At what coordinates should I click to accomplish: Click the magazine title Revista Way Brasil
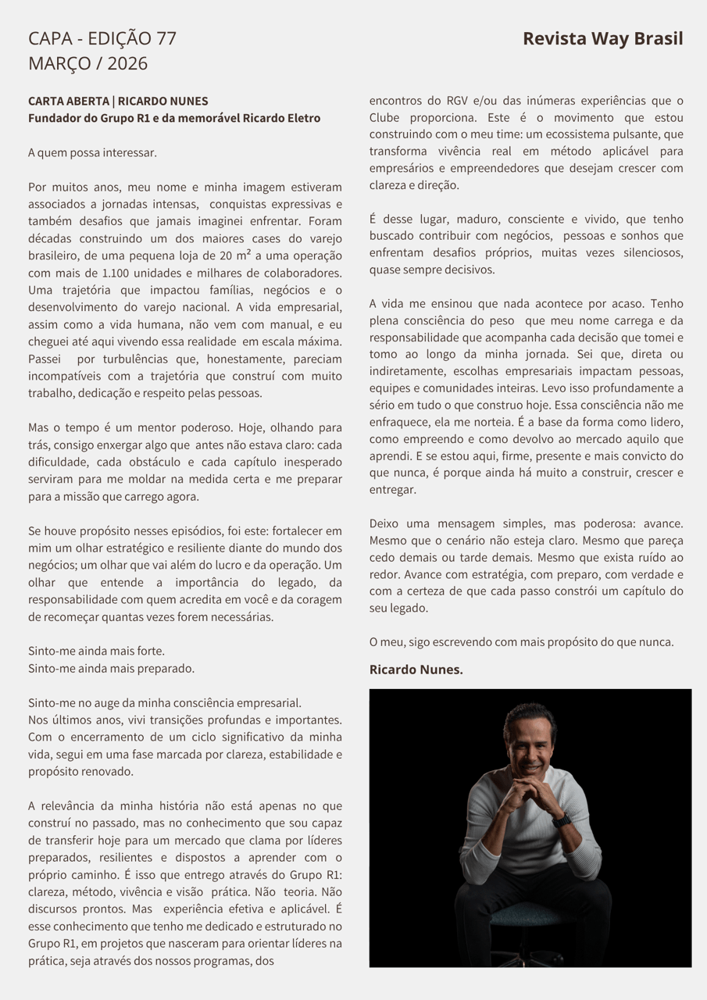(602, 38)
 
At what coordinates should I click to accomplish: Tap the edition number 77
(166, 38)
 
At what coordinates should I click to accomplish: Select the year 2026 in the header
(127, 63)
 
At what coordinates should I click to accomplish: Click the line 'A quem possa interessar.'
(92, 152)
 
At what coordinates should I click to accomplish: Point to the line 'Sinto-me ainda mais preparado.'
(111, 668)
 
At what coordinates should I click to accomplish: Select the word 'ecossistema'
(605, 134)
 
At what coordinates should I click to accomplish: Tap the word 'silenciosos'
(645, 252)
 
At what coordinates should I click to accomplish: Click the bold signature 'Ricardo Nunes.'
(416, 670)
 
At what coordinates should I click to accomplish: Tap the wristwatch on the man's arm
(561, 820)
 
